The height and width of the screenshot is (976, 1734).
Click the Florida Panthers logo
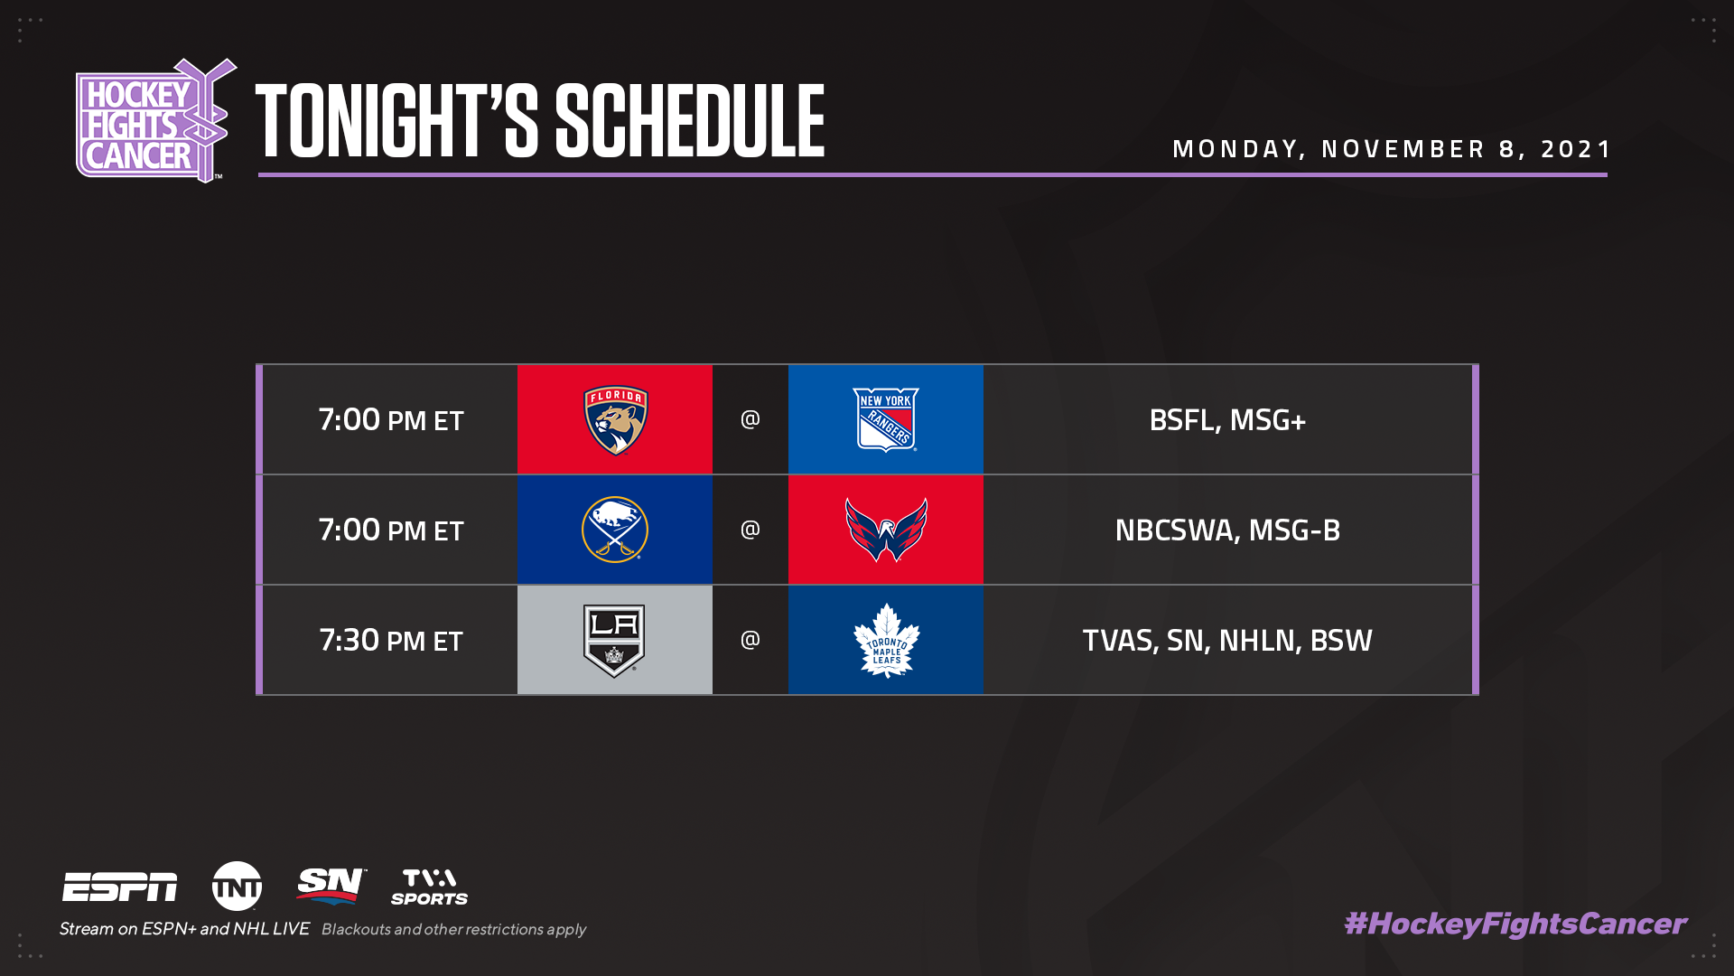tap(615, 420)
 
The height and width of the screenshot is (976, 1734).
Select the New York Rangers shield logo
tap(886, 420)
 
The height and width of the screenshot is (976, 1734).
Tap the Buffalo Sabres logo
tap(615, 530)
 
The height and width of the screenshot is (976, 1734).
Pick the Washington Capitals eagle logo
tap(886, 530)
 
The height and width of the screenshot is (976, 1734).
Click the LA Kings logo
tap(614, 641)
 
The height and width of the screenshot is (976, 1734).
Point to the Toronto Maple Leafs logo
tap(886, 641)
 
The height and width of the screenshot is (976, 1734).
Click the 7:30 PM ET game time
tap(391, 641)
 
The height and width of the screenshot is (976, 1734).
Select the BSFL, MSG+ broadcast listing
tap(1227, 420)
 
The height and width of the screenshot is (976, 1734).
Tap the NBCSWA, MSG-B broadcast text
tap(1227, 530)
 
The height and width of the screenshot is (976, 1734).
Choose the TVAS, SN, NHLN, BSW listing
tap(1227, 641)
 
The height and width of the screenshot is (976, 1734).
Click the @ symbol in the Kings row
tap(750, 640)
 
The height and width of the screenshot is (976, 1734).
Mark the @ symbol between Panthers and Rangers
tap(750, 419)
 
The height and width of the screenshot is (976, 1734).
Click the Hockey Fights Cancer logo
tap(155, 121)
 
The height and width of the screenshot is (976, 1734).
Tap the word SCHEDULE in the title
tap(690, 121)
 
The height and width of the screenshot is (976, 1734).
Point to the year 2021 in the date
tap(1575, 149)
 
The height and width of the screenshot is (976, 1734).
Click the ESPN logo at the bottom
tap(120, 887)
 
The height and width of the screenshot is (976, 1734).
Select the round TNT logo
tap(238, 886)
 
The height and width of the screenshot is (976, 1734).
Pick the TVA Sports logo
tap(430, 887)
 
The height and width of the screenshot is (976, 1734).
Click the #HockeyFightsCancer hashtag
tap(1515, 924)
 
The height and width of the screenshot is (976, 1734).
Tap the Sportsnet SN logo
tap(331, 886)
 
